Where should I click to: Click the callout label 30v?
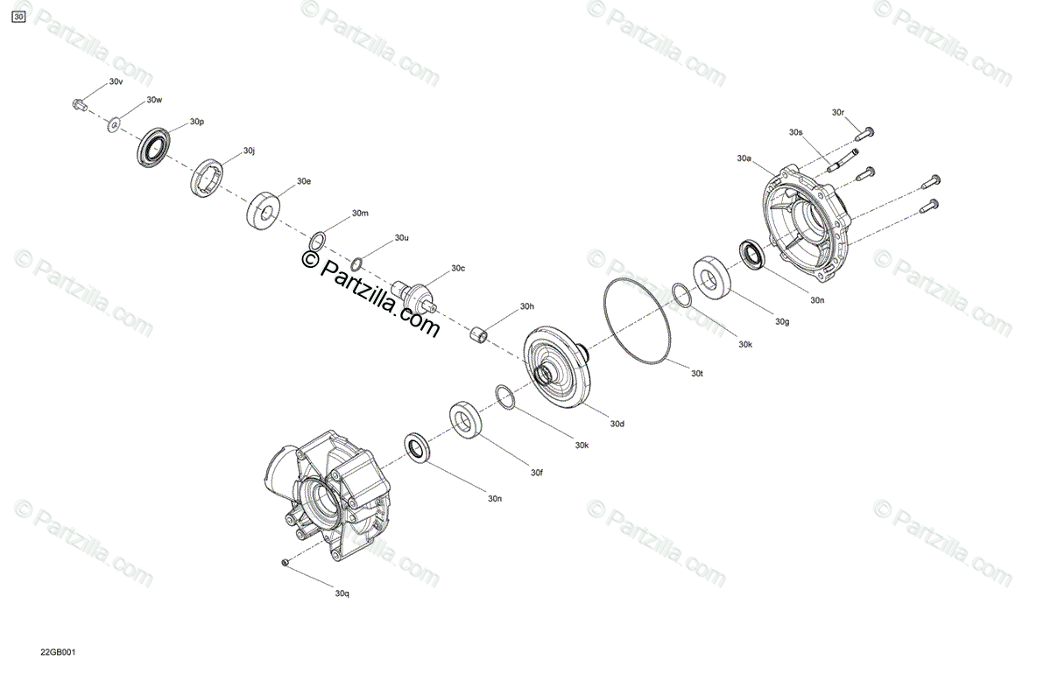click(116, 81)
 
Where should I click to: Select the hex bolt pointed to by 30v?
click(80, 104)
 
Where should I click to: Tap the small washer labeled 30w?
click(114, 125)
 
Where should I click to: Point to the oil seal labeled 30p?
click(154, 146)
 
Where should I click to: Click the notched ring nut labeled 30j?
click(207, 178)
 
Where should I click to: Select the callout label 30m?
click(360, 214)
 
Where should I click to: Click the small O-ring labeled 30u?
click(356, 264)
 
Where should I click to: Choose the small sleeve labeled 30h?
click(478, 335)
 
